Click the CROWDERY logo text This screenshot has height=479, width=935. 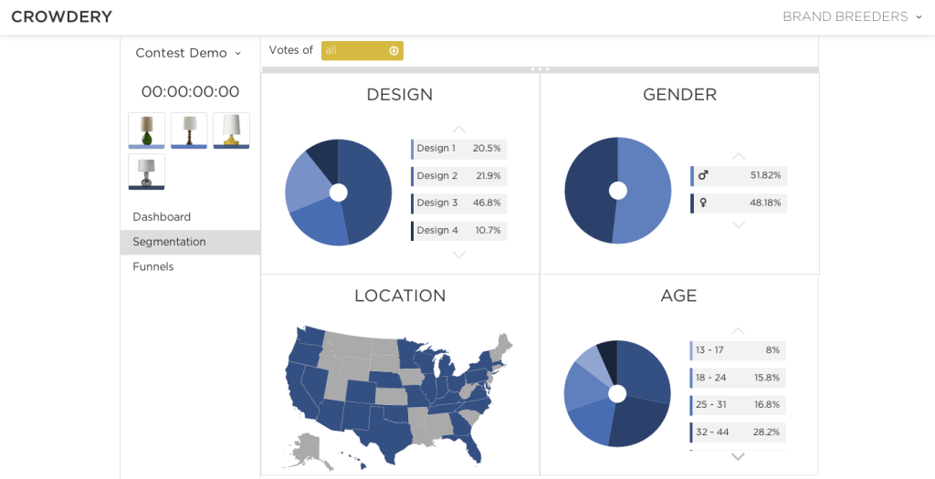click(61, 16)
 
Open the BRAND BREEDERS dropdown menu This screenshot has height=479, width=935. click(852, 16)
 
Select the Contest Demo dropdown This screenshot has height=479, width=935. click(188, 53)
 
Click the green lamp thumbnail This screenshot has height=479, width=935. click(146, 130)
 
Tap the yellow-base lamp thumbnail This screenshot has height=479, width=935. click(231, 130)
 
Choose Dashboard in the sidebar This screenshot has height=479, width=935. click(162, 217)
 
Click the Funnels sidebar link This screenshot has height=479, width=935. click(152, 266)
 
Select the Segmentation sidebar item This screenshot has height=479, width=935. click(170, 242)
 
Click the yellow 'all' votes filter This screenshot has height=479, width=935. click(362, 51)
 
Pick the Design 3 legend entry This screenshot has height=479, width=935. click(458, 203)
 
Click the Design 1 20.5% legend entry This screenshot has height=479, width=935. click(458, 149)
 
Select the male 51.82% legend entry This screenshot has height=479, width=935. click(739, 176)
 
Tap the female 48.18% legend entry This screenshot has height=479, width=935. click(739, 203)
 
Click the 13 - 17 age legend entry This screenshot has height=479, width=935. click(737, 350)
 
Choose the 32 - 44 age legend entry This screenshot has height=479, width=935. click(737, 432)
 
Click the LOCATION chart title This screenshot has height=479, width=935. click(400, 296)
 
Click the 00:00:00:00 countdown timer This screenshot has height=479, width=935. click(190, 91)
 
